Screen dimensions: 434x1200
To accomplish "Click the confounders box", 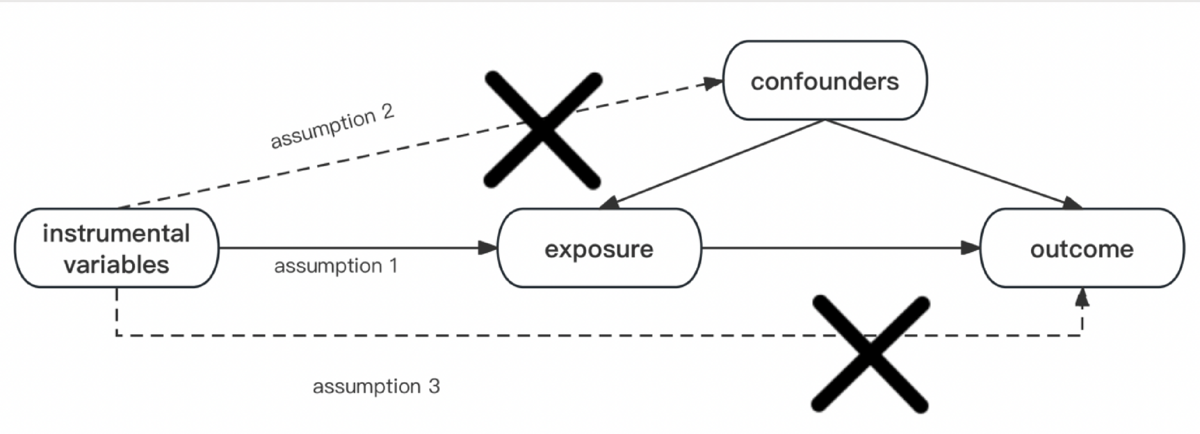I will (x=825, y=81).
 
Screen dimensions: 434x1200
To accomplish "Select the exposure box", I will (x=599, y=248).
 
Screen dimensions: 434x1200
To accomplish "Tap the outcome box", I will (x=1081, y=248).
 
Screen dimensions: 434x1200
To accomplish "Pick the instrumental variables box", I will (x=116, y=248).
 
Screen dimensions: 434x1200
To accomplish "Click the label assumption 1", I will (x=335, y=266).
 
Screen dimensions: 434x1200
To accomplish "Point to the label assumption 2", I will (x=332, y=126).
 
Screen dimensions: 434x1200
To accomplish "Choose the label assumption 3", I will (x=375, y=386).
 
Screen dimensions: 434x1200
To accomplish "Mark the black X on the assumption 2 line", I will (x=543, y=129).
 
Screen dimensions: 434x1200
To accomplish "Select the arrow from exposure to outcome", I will (x=834, y=247).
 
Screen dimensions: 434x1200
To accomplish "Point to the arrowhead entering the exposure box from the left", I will (x=488, y=247).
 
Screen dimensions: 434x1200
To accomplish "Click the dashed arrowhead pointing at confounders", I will (x=713, y=83).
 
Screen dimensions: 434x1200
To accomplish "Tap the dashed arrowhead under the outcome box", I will (x=1082, y=299).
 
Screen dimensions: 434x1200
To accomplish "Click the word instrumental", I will (x=116, y=233).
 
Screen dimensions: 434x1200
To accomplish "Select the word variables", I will (x=116, y=265).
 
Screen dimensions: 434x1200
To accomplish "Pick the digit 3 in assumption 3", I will (x=434, y=386).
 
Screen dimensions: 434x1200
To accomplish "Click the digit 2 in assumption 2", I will (x=387, y=112).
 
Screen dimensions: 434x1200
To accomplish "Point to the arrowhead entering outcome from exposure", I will (x=970, y=247).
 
